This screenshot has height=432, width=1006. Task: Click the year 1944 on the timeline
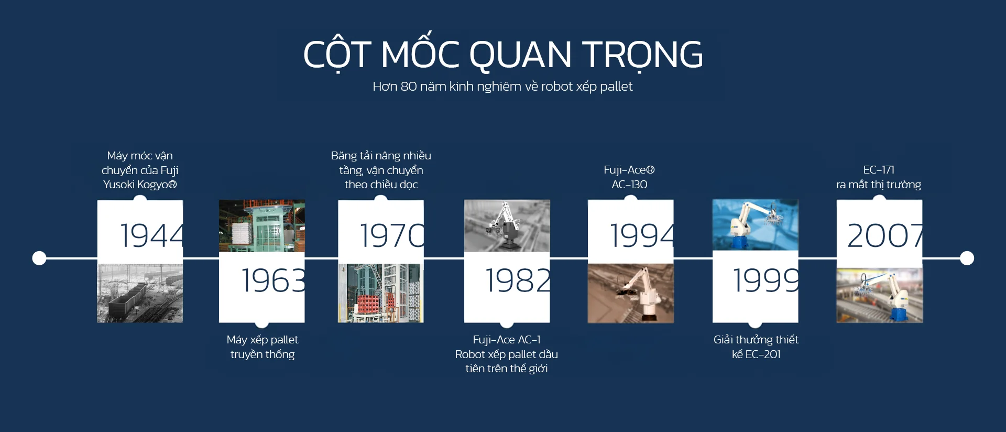pos(152,235)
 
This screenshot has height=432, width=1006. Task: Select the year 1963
pos(273,280)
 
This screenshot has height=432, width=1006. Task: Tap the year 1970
pos(392,235)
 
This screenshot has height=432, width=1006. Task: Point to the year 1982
pos(518,280)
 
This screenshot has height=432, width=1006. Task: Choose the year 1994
pos(642,235)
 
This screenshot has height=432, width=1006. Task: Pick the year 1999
pos(766,280)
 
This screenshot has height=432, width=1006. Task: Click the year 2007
pos(885,235)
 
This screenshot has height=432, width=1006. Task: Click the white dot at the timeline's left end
pos(39,258)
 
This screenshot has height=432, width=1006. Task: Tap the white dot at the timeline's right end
pos(967,258)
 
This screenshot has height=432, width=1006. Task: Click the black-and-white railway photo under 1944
pos(140,293)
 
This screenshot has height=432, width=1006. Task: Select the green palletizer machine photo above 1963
pos(262,226)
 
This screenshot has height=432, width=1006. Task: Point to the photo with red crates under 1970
pos(381,293)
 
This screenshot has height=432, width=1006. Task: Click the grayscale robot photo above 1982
pos(507,226)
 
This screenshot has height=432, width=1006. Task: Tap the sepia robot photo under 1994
pos(631,293)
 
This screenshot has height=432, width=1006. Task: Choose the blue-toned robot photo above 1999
pos(756,225)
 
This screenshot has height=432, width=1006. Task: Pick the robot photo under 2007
pos(880,295)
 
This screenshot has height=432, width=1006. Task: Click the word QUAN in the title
pos(520,55)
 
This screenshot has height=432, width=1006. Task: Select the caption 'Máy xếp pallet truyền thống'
pos(263,347)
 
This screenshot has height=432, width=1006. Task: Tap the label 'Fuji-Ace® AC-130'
pos(629,177)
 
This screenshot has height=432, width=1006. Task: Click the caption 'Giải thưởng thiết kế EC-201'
pos(756,347)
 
